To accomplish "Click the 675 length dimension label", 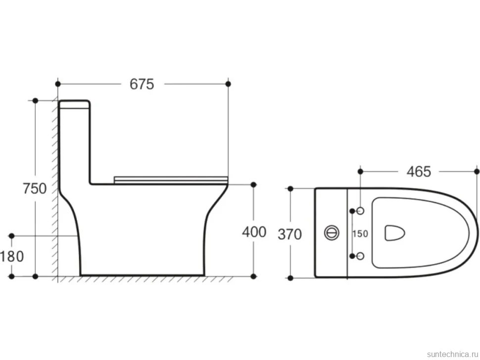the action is (142, 84).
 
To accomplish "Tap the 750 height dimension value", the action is (35, 188).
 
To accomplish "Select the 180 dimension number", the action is (12, 256).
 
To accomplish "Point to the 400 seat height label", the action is (254, 232).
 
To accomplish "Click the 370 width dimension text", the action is (289, 234).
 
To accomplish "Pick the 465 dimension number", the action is (419, 172).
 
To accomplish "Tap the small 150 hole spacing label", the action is (360, 234).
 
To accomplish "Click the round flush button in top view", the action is (332, 233).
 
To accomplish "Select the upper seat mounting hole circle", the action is (360, 211).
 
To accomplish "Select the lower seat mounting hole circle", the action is (360, 256).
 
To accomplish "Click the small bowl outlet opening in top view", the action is (394, 233).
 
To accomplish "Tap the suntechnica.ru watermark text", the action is (452, 354).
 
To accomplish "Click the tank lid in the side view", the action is (74, 104).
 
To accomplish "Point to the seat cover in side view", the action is (171, 180).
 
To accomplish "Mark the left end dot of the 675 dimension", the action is (58, 84).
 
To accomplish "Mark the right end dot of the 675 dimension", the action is (228, 84).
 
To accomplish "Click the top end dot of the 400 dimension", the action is (253, 184).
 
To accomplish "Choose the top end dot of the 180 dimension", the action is (12, 236).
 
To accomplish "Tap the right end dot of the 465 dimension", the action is (477, 172).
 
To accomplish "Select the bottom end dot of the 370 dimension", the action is (290, 278).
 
